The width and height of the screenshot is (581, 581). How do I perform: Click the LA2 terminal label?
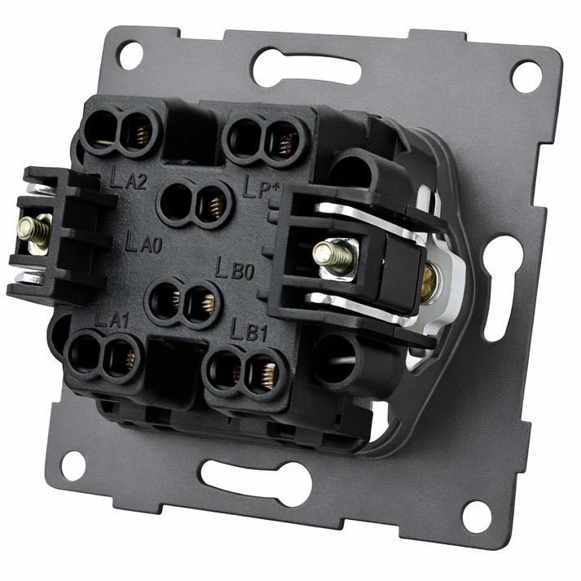128,178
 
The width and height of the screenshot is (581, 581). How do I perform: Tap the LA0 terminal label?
143,242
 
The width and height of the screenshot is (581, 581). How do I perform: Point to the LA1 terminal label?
112,318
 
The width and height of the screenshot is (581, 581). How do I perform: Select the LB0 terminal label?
235,269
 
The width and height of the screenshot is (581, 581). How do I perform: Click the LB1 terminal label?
249,330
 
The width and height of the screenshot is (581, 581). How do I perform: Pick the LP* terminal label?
261,187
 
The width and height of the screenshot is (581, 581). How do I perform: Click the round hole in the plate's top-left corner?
130,55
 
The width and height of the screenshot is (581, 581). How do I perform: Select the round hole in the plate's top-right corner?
526,77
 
